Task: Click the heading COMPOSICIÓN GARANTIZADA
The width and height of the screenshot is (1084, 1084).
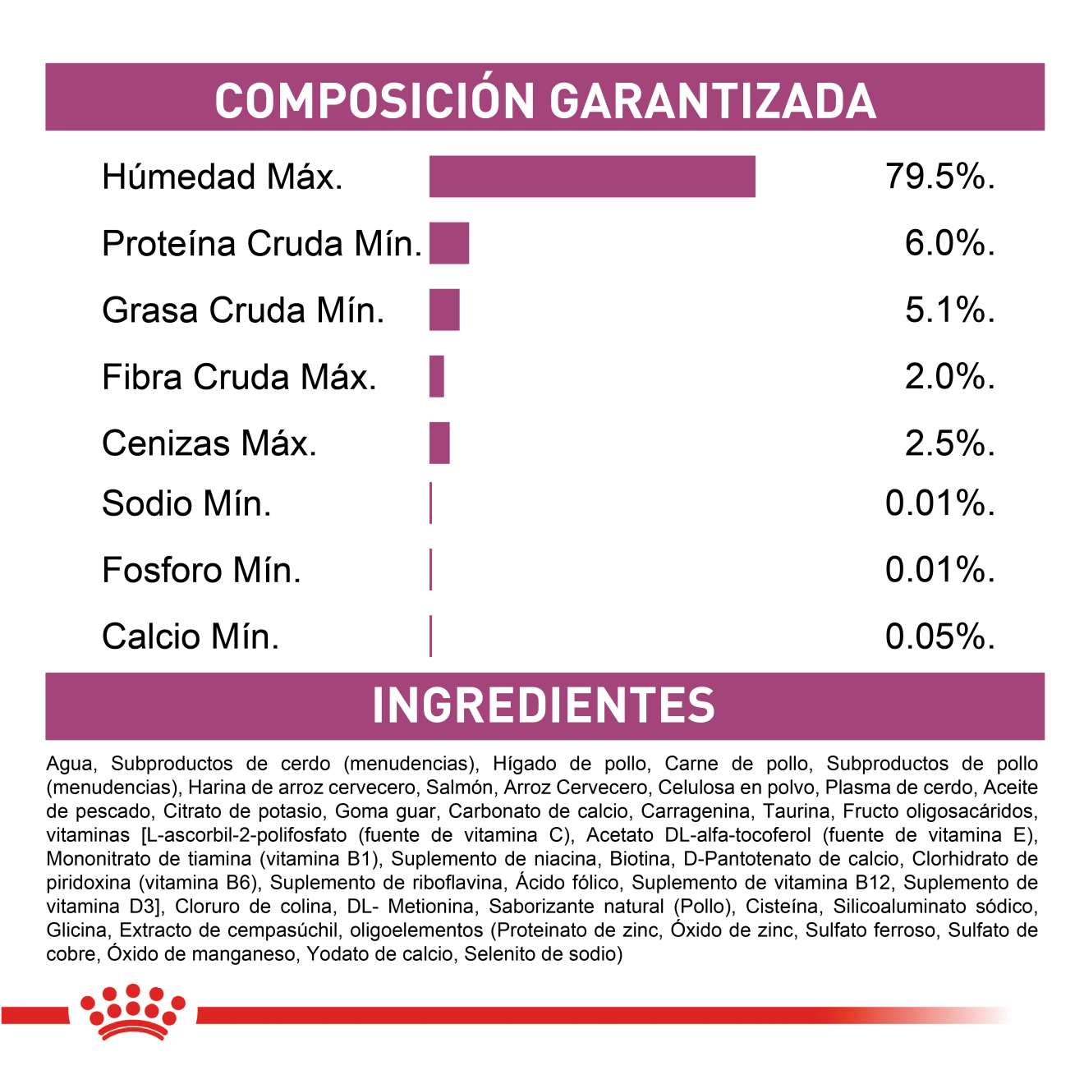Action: [x=544, y=100]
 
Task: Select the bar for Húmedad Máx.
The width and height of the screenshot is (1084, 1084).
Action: [x=591, y=177]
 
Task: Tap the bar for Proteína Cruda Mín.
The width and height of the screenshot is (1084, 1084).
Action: [x=448, y=243]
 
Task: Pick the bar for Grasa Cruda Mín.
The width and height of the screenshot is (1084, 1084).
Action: [x=444, y=310]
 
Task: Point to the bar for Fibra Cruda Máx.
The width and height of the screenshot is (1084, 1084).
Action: [x=437, y=377]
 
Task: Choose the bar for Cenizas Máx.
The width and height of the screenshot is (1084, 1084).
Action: [x=439, y=443]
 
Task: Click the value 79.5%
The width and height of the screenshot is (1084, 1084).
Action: [x=939, y=177]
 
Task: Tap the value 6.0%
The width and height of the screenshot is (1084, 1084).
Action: [x=949, y=243]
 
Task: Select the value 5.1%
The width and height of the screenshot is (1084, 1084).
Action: [x=949, y=310]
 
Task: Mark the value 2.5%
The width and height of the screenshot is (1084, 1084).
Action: [x=949, y=443]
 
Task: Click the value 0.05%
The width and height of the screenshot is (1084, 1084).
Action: [x=939, y=636]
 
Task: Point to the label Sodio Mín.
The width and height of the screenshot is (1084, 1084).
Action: [x=186, y=503]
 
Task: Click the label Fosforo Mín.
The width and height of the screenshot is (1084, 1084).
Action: [x=201, y=570]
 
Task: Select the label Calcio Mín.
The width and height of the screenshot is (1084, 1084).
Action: [x=191, y=636]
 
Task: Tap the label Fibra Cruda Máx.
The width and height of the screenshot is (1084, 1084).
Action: [x=239, y=377]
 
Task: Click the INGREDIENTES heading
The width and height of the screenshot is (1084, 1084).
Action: [x=544, y=705]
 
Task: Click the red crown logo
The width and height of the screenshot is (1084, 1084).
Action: [x=132, y=1012]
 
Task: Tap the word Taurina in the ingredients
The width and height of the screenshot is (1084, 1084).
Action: [x=796, y=811]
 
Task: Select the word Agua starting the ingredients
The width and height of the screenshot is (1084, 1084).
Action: [x=69, y=765]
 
